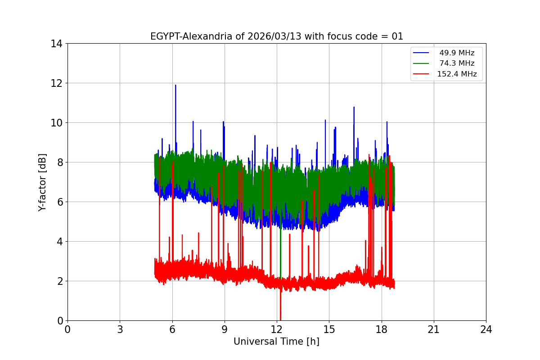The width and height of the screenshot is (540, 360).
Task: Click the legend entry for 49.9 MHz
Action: (x=457, y=53)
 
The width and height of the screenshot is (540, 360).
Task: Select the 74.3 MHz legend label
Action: (x=457, y=63)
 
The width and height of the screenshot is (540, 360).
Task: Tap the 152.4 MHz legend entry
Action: (x=457, y=74)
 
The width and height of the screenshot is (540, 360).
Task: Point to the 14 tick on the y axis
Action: (x=57, y=44)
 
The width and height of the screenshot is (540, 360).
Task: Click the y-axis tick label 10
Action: (x=57, y=123)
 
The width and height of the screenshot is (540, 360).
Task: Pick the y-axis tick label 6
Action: (x=59, y=202)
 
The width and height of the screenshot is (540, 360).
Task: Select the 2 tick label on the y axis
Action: (x=59, y=281)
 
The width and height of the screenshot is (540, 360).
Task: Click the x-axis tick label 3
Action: (x=120, y=330)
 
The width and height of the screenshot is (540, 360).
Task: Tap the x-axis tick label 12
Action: (x=277, y=330)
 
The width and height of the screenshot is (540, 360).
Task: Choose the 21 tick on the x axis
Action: (x=434, y=330)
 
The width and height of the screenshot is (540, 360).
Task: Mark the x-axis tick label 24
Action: (x=486, y=330)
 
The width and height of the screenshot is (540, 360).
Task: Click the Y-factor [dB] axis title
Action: (x=42, y=182)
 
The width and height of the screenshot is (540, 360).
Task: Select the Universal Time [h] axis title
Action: (x=276, y=342)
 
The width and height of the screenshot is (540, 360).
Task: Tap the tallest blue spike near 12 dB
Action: (x=175, y=85)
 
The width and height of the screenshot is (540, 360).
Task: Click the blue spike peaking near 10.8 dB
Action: (x=354, y=108)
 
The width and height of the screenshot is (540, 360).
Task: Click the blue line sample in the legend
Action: (x=422, y=53)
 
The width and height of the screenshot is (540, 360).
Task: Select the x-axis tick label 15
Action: (x=329, y=330)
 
